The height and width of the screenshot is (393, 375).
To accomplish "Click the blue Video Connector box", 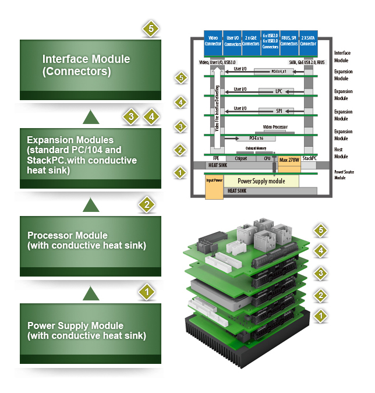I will [x=213, y=40].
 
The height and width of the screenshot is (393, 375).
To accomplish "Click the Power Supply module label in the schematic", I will [x=261, y=181].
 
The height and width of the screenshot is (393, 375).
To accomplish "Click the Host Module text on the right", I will [x=342, y=153].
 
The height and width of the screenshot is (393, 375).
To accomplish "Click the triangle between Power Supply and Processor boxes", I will [x=91, y=293].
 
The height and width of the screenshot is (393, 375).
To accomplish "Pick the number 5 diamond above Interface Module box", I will [x=151, y=29].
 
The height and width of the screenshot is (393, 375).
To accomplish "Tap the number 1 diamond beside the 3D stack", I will [x=320, y=316].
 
